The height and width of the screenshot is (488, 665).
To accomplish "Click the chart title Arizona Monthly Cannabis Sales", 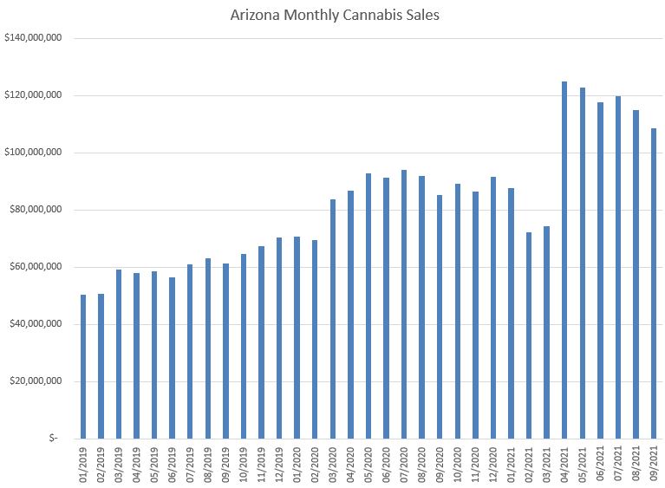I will pos(335,15).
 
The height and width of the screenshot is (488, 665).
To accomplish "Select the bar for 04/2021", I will pos(564,260).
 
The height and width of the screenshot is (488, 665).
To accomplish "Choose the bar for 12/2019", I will pos(278,338).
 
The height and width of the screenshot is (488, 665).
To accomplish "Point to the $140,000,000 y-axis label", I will pos(38,38).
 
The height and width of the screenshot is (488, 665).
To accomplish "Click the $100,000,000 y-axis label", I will pos(38,153).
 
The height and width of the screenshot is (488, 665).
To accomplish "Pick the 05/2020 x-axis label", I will pos(368,464).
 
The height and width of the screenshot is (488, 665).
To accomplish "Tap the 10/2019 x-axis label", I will pos(244,464).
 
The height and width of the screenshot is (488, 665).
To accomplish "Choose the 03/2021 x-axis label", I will pos(547,464).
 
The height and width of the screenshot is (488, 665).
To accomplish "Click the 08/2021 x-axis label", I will pos(636,464).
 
